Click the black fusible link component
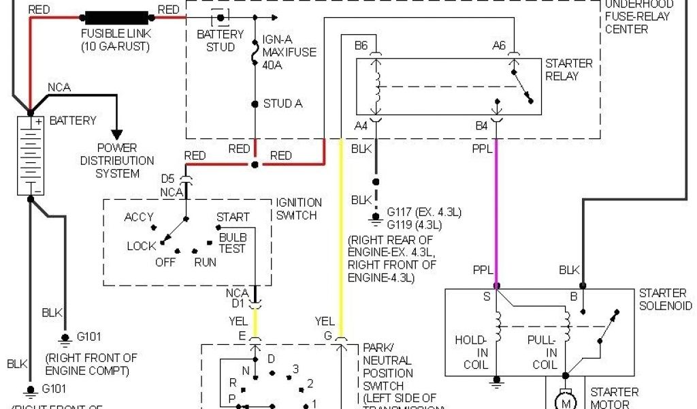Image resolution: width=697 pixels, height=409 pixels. (x=117, y=16)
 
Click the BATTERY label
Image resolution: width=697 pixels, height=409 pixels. (x=73, y=121)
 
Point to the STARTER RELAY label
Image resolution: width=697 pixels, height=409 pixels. (x=569, y=70)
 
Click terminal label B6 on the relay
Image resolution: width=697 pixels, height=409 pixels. (x=361, y=46)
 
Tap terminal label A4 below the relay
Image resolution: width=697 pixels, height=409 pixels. (x=361, y=125)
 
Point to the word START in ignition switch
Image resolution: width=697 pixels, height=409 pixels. (x=233, y=217)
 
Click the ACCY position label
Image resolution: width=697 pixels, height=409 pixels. (x=139, y=217)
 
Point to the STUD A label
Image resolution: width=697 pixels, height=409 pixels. (x=283, y=104)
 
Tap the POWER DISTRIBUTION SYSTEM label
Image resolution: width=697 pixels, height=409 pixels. (x=117, y=160)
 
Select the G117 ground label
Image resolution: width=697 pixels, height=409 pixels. (x=401, y=212)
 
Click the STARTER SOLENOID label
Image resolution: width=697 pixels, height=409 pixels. (x=665, y=299)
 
